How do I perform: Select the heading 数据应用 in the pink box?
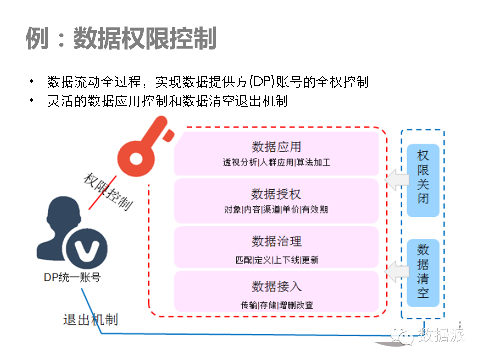(276, 146)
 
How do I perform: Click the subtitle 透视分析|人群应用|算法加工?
(276, 163)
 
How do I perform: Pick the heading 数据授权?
(276, 194)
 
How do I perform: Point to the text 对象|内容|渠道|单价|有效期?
(276, 210)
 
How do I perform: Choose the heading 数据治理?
(276, 242)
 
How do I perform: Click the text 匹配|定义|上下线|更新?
(276, 260)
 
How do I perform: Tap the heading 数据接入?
(276, 287)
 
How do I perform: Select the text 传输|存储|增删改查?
(276, 305)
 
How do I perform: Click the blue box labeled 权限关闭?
(423, 180)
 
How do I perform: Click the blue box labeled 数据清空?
(423, 273)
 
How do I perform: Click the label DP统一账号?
(72, 277)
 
